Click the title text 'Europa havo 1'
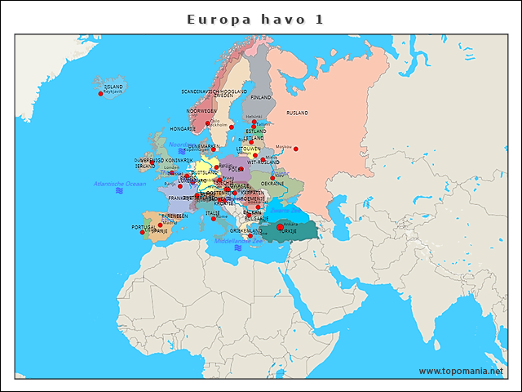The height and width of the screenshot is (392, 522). tap(256, 19)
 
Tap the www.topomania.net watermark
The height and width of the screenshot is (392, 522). tap(461, 371)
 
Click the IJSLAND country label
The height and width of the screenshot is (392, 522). tap(113, 86)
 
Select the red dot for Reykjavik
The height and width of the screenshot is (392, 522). tap(100, 94)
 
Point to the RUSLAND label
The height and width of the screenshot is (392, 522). tap(297, 113)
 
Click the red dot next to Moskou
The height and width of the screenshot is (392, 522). tap(296, 149)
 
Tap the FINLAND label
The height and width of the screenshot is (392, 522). tap(261, 97)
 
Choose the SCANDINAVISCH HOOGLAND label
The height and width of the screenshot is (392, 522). tap(213, 91)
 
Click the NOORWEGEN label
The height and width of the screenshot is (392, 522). tap(201, 110)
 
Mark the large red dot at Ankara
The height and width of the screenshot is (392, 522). tap(280, 227)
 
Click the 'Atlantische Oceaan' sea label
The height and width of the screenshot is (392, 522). tap(119, 184)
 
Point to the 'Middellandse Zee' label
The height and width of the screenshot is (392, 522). tap(238, 241)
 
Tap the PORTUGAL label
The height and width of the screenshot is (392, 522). tap(143, 227)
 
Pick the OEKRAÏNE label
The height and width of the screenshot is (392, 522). tap(272, 184)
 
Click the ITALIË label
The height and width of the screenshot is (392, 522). tap(213, 213)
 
